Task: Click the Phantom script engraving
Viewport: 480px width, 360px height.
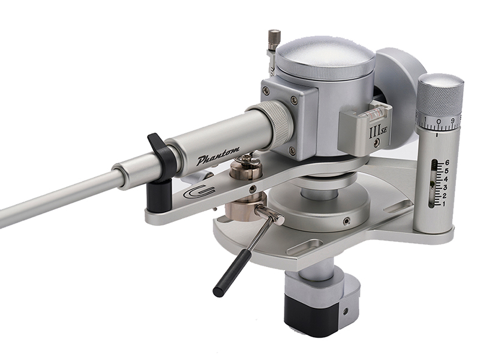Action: pos(218,157)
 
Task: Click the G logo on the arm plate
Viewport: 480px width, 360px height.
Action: pos(199,192)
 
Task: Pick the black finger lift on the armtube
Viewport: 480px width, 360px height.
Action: pos(160,148)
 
